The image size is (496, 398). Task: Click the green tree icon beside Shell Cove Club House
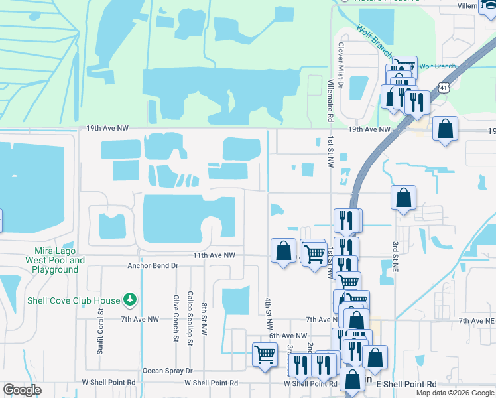pos(131,300)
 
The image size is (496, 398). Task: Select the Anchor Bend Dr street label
pos(153,265)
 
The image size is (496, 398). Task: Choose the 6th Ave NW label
pos(288,336)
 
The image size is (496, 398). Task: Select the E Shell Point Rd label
pos(406,384)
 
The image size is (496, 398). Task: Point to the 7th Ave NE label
pos(477,320)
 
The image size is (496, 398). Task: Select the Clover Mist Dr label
pos(340,66)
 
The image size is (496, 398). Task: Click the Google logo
pos(23,390)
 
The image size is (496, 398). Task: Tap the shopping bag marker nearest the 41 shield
pos(445,128)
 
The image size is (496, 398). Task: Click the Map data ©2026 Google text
pos(454,393)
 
